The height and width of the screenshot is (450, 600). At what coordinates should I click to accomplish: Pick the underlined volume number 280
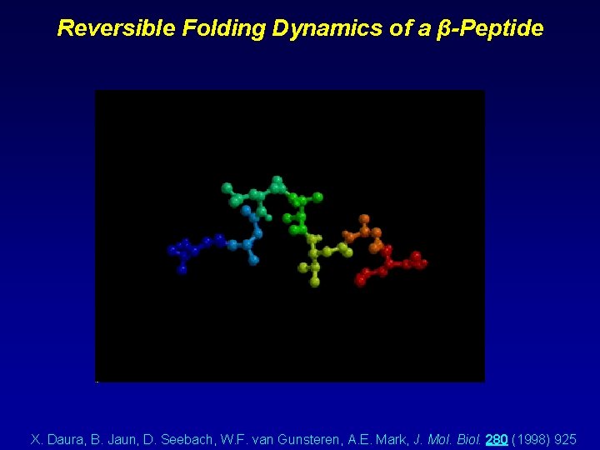pyautogui.click(x=496, y=438)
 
